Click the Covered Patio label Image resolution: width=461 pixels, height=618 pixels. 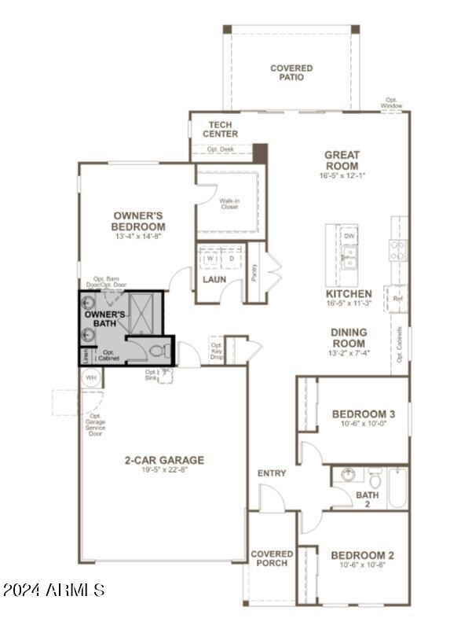[x=291, y=73]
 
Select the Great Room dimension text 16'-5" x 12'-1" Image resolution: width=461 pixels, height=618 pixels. [x=342, y=178]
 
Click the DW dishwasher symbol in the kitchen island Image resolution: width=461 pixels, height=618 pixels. [x=349, y=236]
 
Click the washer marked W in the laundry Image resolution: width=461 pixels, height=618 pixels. [x=210, y=257]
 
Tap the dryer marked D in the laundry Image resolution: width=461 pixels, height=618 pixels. [x=232, y=257]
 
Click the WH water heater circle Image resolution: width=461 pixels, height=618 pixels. [x=90, y=377]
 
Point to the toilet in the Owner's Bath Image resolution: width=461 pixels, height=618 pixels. [x=156, y=350]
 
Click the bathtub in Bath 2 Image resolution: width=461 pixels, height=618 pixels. [x=397, y=487]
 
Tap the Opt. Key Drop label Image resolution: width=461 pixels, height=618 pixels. [x=216, y=350]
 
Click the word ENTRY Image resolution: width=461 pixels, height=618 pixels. [x=272, y=473]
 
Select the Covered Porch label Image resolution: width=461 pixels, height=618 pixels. [x=272, y=558]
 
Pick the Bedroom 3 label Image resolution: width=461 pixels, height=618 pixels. [x=363, y=414]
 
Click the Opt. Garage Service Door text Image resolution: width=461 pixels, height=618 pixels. [x=96, y=425]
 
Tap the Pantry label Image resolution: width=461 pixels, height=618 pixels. [x=254, y=271]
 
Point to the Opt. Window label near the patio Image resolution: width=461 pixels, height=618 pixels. [x=393, y=103]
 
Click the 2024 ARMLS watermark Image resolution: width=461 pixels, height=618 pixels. [x=53, y=590]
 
